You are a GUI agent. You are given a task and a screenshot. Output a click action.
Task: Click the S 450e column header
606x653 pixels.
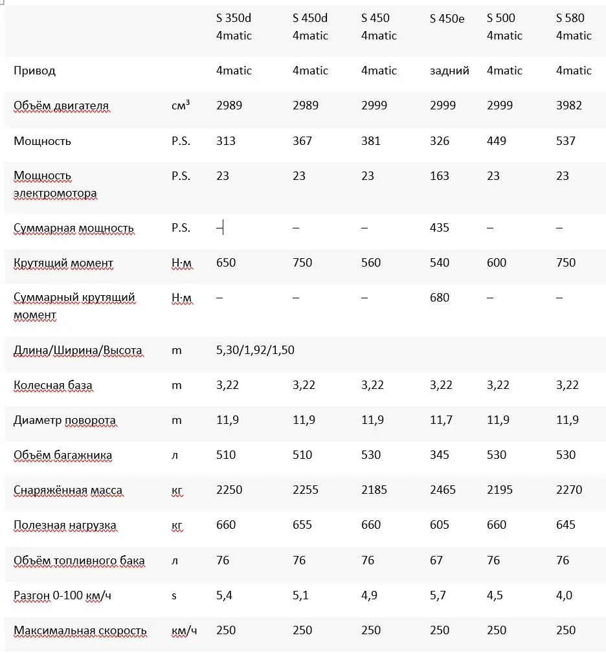click(447, 18)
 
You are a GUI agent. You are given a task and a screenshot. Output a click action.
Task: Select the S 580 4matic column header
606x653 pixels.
click(574, 27)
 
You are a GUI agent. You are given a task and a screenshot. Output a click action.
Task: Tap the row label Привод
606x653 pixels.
click(34, 71)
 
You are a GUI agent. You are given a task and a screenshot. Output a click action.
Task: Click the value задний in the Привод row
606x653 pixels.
click(449, 71)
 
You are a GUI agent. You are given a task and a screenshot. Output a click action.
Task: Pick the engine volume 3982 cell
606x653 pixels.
click(569, 105)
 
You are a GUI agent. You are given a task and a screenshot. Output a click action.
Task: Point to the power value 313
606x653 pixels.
click(226, 141)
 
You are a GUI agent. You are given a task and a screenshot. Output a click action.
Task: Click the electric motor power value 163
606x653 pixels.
click(440, 176)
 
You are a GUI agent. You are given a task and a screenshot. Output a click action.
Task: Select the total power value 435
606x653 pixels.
click(440, 228)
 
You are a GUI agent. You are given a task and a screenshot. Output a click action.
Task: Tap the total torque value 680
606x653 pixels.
click(440, 298)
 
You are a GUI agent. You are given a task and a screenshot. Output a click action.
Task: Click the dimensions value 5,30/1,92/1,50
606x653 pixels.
click(255, 350)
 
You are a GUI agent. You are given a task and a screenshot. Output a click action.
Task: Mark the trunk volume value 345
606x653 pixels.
click(440, 455)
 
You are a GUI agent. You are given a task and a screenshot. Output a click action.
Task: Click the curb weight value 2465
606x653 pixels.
click(443, 490)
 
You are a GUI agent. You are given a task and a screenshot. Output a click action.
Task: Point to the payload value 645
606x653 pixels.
click(566, 525)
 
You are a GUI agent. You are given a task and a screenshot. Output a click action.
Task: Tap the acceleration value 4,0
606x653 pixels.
click(565, 595)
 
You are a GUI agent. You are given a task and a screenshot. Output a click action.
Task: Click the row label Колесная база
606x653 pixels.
click(53, 385)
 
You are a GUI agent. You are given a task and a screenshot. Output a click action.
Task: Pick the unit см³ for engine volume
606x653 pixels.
click(181, 105)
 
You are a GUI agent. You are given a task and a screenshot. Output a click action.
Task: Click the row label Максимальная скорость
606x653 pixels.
click(80, 630)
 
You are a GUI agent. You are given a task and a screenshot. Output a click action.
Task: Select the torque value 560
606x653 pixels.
click(371, 263)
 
